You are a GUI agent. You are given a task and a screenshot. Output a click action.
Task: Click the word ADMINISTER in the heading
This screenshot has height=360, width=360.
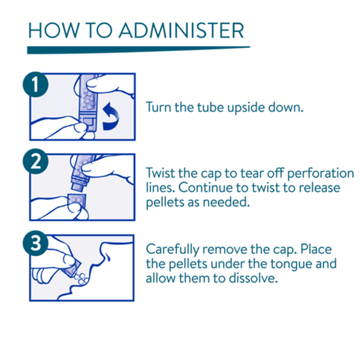point(181,31)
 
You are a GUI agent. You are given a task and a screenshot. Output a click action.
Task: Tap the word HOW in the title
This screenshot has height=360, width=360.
point(54,31)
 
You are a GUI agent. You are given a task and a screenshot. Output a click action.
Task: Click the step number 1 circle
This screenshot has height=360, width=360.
point(35,84)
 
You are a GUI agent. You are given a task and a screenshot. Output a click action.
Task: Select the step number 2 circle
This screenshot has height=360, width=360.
point(35,161)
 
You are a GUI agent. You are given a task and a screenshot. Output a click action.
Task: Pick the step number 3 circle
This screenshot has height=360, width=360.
point(35,243)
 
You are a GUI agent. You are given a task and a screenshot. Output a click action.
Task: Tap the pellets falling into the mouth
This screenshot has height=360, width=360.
point(81,278)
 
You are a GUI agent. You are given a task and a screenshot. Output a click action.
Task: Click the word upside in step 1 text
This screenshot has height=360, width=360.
point(245,108)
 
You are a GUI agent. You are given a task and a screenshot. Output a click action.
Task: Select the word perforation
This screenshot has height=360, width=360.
point(320,174)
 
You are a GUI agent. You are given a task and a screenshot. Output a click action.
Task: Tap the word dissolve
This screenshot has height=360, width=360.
point(253,278)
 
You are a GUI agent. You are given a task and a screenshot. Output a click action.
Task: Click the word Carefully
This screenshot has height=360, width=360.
point(172,250)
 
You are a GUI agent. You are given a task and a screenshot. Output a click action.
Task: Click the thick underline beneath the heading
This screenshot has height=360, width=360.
point(139,50)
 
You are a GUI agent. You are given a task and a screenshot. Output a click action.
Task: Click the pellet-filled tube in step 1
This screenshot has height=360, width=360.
point(88,103)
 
